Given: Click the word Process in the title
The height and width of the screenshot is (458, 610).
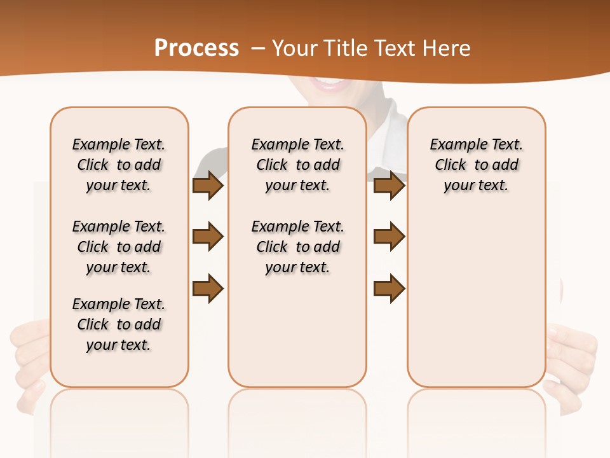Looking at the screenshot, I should point(196,48).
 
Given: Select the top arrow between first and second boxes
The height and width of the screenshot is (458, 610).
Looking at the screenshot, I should point(208,186).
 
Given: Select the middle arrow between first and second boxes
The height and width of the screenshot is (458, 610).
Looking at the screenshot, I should point(208,237).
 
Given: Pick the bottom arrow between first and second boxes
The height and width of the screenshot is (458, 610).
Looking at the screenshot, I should point(208,288).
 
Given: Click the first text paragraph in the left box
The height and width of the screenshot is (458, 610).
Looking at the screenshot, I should point(119,165).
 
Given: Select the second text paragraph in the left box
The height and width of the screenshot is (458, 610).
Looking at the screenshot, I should point(119,247).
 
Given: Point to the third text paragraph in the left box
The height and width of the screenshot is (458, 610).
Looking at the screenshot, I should point(119,324).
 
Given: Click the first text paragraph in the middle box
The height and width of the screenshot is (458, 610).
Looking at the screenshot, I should point(298,165).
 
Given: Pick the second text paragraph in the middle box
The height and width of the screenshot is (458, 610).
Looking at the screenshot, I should point(298,247).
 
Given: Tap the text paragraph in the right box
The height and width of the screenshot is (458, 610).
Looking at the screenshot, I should point(477,165).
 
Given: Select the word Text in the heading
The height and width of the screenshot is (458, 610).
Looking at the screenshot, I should point(393,48).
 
